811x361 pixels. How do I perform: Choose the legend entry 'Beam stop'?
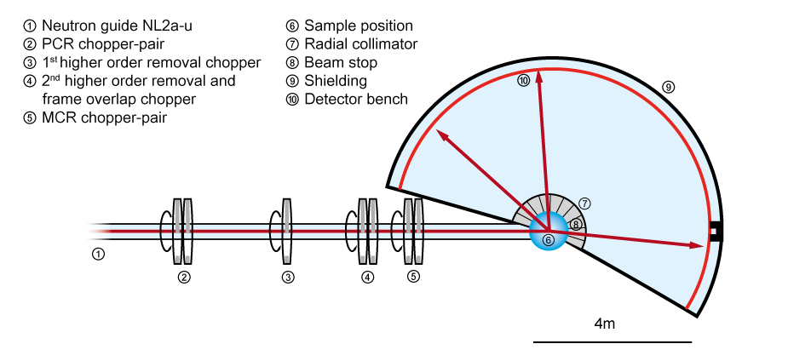(x=340, y=63)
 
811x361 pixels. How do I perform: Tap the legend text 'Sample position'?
(x=358, y=26)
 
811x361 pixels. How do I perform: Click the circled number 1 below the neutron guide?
(x=99, y=254)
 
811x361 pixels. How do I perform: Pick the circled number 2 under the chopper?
(x=183, y=277)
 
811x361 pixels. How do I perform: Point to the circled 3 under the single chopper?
(x=288, y=277)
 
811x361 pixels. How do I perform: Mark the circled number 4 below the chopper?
(x=367, y=277)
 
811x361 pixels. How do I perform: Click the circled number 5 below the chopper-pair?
(x=413, y=277)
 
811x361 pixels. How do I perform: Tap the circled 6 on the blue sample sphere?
(x=549, y=240)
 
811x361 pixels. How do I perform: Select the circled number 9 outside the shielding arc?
(x=668, y=86)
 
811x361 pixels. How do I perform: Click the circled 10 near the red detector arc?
(x=523, y=80)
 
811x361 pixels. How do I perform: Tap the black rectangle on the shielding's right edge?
(x=716, y=230)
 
